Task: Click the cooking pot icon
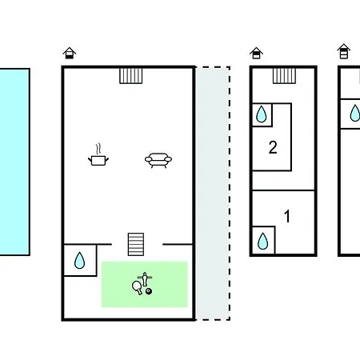coord(98,158)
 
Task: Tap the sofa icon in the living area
coord(158,160)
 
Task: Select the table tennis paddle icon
coord(138,287)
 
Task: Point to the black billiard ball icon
coord(149,291)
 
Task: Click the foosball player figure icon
coord(145,279)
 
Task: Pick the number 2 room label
coord(273,147)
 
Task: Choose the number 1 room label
coord(287,216)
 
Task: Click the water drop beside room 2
coord(262,114)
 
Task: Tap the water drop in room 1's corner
coord(263,241)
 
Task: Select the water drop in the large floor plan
coord(79,260)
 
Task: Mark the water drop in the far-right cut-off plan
coord(355,114)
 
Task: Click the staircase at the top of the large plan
coord(131,76)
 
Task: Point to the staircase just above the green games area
coord(136,244)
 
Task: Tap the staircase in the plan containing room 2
coord(284,76)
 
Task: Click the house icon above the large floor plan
coord(70,53)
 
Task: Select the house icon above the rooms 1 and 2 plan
coord(256,53)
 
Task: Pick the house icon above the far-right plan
coord(344,51)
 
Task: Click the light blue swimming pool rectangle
coord(14,162)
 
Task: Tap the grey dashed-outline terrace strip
coord(213,194)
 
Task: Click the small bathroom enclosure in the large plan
coord(80,260)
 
